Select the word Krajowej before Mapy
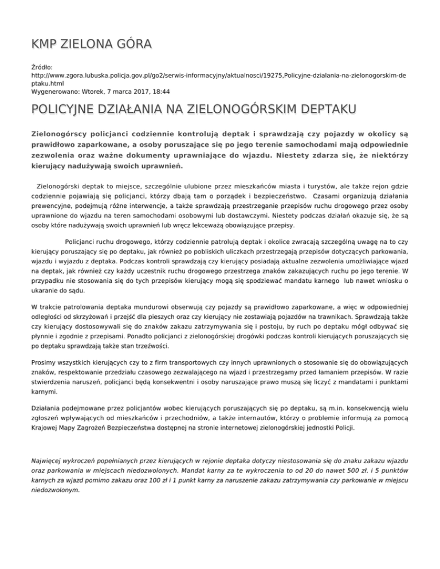coord(47,428)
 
